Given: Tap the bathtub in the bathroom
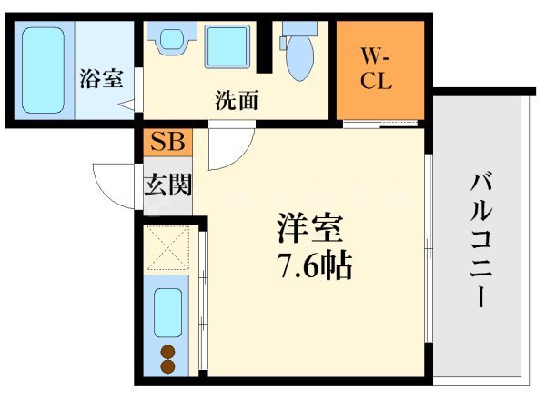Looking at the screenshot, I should (42, 69).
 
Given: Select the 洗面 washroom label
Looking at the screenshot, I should (236, 99).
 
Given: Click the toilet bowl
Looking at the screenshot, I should (298, 60).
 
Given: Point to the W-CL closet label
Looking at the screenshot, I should (376, 71).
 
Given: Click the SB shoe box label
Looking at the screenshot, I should (167, 142).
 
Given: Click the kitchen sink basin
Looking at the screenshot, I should (167, 311).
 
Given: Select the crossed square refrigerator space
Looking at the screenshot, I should (166, 246).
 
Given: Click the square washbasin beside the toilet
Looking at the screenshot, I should (227, 46).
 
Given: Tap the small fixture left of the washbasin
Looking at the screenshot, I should (170, 40).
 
